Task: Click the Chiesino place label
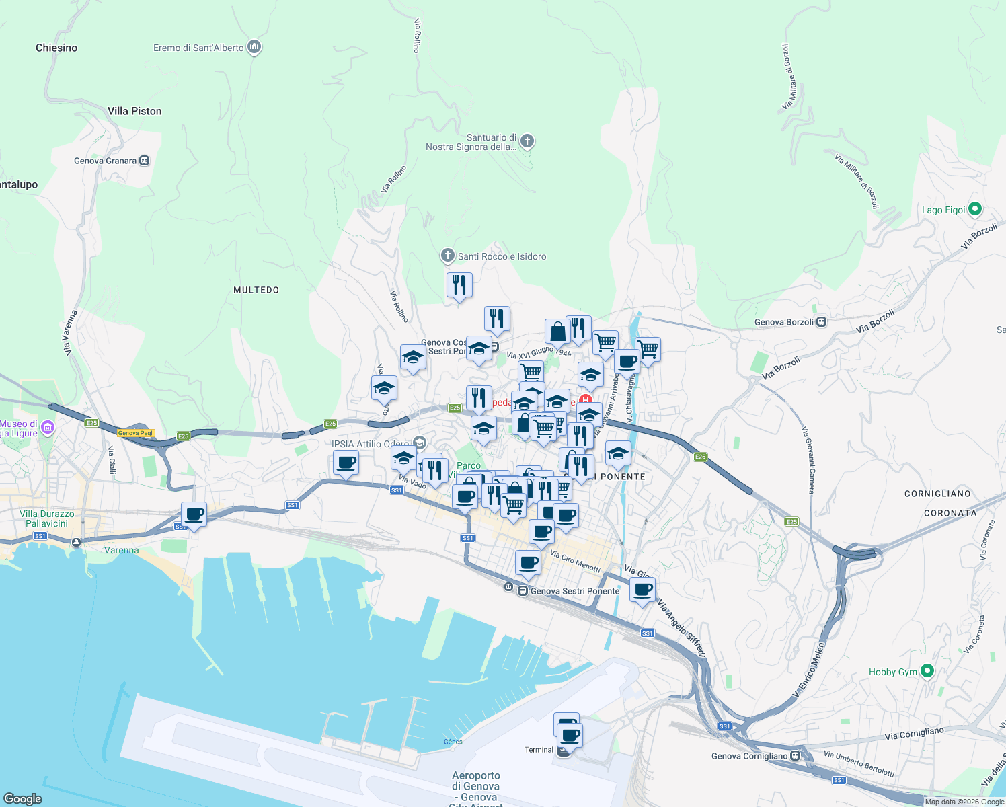pos(56,48)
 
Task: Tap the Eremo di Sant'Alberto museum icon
pos(254,47)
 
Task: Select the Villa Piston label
pos(134,111)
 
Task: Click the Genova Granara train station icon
pos(144,161)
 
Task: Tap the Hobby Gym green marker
pos(927,671)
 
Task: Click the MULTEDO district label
pos(256,290)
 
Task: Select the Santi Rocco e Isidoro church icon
pos(448,256)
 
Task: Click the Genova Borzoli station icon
pos(821,322)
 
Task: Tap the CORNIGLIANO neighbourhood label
pos(937,494)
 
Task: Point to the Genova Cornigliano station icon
pos(796,755)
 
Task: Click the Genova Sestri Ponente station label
pos(574,591)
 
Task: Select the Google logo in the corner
pos(23,798)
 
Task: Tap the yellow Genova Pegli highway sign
pos(137,433)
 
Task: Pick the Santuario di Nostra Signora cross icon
pos(527,141)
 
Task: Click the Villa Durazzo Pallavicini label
pos(47,518)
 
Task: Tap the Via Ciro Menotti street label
pos(575,562)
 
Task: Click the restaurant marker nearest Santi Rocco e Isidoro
pos(459,285)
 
